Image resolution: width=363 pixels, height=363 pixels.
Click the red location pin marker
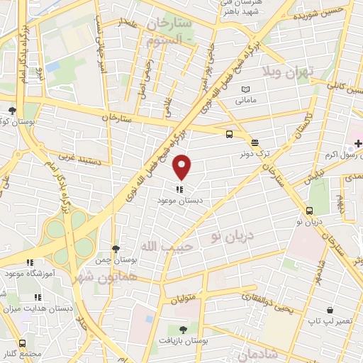(x=182, y=167)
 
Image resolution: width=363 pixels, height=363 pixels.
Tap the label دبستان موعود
(x=182, y=200)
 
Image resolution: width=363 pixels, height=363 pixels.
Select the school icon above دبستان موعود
(x=182, y=189)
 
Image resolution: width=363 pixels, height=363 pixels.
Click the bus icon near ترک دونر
(x=229, y=133)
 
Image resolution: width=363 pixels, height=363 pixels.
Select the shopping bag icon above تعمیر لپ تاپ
(x=330, y=311)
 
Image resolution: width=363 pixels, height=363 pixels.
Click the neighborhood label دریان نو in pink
(x=231, y=232)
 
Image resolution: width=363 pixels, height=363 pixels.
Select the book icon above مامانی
(x=245, y=89)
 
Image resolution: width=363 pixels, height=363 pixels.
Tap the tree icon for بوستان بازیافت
(x=184, y=330)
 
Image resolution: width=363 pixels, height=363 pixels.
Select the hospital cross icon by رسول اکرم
(x=358, y=143)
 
